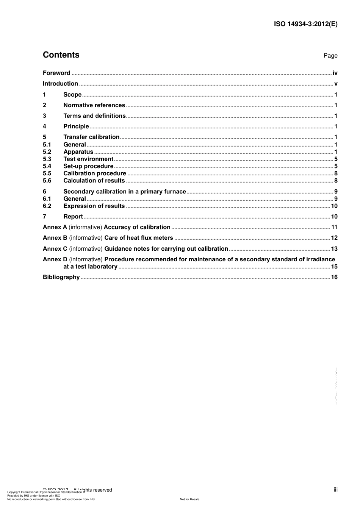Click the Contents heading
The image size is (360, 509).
point(61,55)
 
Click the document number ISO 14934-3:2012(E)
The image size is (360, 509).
point(305,24)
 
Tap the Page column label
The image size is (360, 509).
point(330,56)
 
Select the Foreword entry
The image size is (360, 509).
point(56,73)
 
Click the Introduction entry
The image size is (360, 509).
point(60,84)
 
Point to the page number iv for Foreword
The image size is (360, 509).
point(335,73)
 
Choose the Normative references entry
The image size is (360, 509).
point(94,105)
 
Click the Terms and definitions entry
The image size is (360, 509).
point(94,116)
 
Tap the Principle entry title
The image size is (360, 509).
point(76,126)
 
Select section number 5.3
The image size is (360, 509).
point(47,159)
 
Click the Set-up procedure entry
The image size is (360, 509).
point(88,166)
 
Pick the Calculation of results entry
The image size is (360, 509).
point(94,181)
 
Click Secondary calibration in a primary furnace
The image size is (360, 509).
point(125,192)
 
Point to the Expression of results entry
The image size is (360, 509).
point(94,206)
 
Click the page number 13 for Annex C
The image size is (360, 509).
point(334,249)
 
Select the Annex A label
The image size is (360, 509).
point(55,227)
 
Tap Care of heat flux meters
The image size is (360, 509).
point(139,238)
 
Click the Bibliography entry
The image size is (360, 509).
point(61,277)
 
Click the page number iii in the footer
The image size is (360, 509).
point(335,490)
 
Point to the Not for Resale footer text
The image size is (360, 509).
point(189,499)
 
